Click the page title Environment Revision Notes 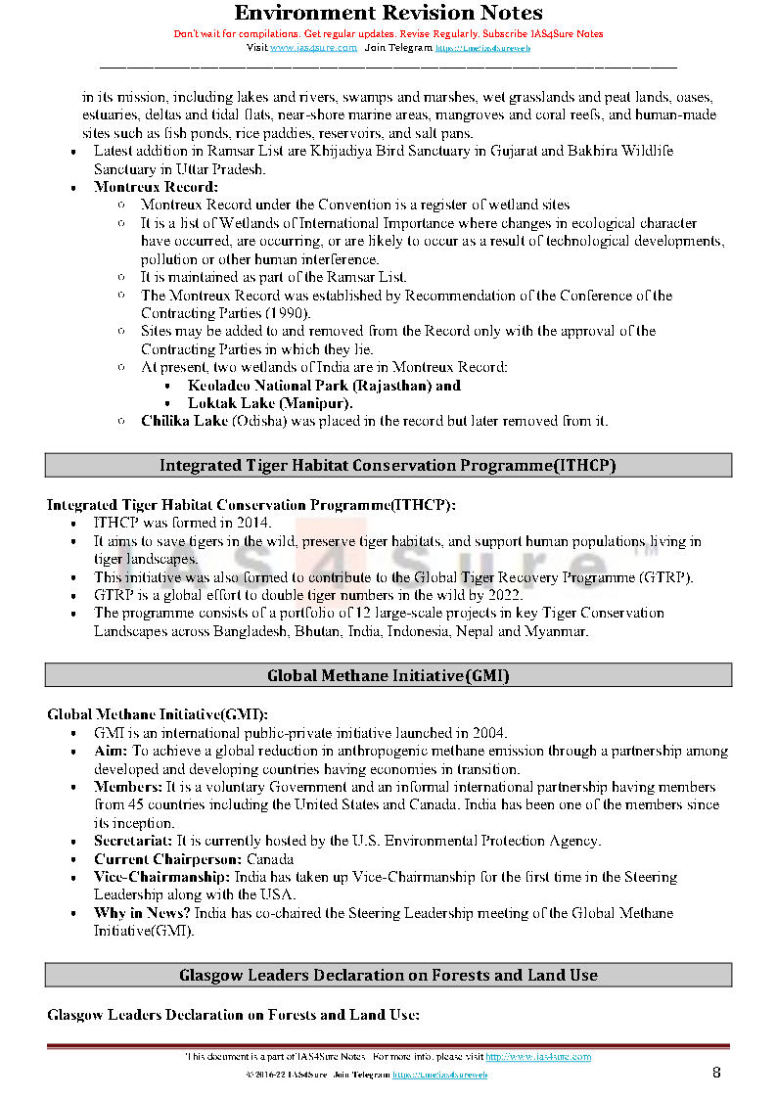click(388, 13)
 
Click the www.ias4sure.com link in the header click(313, 47)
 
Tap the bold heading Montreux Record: click(156, 187)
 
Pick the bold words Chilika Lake click(184, 421)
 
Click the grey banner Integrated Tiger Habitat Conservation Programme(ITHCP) click(388, 466)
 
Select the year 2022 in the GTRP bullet click(505, 595)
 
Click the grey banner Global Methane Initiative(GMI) click(388, 675)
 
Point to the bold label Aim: click(111, 752)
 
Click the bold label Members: click(127, 787)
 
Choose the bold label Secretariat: click(133, 841)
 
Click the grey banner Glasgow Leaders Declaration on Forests click(388, 975)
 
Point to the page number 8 click(716, 1073)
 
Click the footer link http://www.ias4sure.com click(538, 1057)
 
